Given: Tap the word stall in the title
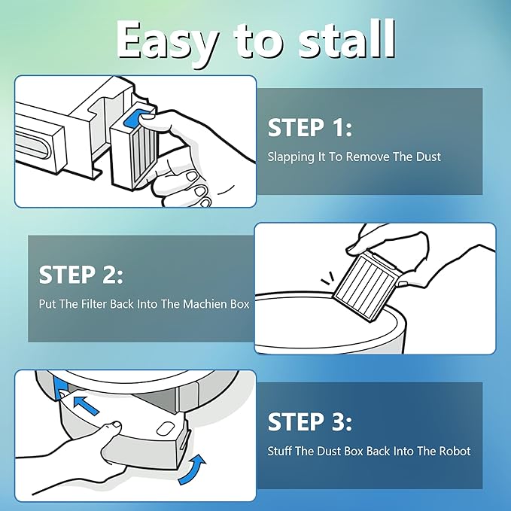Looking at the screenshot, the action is point(347,40).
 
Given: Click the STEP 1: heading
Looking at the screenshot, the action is point(310,127).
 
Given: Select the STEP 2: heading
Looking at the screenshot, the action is point(81,275).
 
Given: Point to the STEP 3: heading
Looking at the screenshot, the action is point(310,421).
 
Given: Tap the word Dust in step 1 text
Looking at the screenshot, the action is point(428,157).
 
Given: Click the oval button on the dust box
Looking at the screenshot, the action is point(165,428).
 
